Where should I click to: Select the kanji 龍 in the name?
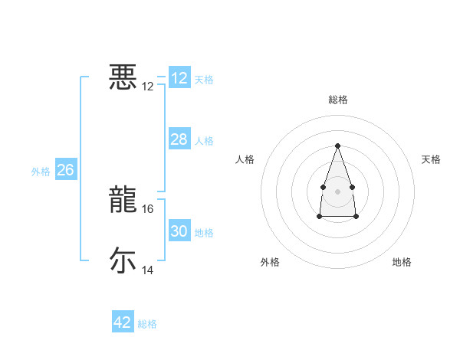123,201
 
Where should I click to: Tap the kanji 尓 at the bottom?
123,260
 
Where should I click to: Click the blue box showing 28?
179,139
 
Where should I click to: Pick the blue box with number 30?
179,231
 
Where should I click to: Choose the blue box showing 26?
65,170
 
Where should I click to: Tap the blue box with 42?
122,322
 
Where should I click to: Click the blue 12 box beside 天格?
179,78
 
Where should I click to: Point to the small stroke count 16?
148,208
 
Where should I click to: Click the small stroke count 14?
148,270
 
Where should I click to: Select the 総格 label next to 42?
147,324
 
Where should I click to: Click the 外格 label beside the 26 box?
41,172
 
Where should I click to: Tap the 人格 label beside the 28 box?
204,141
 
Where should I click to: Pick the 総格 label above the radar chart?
337,100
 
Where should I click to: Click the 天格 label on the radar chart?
431,159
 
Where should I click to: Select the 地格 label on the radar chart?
402,262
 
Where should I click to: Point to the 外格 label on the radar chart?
270,262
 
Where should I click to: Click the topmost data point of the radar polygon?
337,146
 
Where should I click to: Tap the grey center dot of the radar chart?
337,190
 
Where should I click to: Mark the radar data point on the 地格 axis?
356,217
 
